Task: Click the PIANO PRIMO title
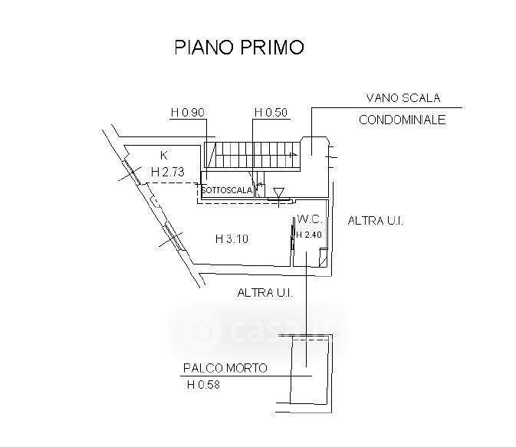238,48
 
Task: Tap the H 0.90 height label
188,113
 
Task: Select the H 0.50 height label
271,113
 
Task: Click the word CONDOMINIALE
401,120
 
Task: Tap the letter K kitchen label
163,155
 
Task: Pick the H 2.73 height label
168,172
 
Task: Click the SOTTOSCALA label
226,191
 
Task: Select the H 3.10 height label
232,239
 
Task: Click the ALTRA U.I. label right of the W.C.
376,221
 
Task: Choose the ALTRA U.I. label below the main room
265,292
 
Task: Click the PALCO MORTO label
225,368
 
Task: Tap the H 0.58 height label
203,385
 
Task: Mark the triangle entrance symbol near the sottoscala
278,192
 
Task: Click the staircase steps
253,155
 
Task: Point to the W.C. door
295,239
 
